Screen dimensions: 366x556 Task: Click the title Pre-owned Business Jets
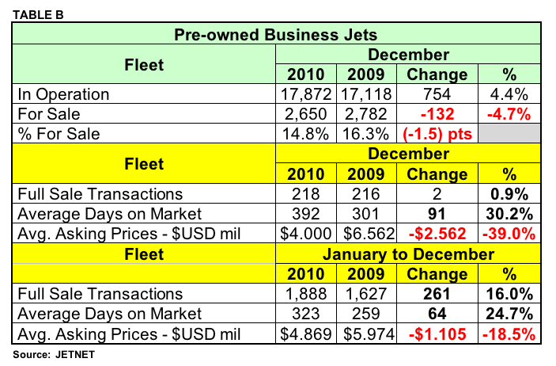[x=275, y=34]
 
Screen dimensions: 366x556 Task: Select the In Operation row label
[x=63, y=94]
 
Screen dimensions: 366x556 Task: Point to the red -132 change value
[x=436, y=114]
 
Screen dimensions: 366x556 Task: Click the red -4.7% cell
[x=509, y=114]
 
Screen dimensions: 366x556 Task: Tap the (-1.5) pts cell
[x=436, y=134]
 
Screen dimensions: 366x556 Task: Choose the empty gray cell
[x=509, y=134]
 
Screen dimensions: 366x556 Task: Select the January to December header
[x=407, y=254]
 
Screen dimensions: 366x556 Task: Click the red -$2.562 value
[x=436, y=234]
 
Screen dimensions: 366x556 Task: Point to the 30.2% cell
[x=509, y=215]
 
